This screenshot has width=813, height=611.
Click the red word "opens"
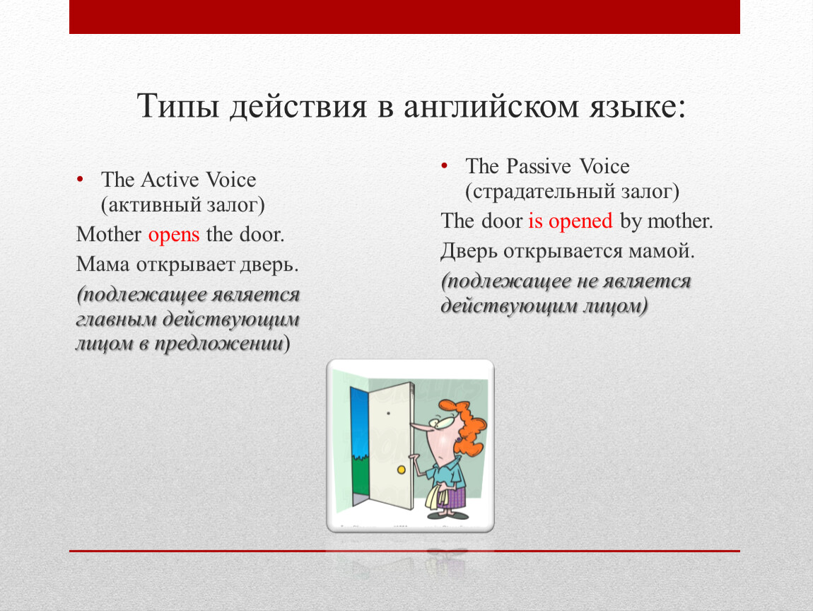(x=174, y=235)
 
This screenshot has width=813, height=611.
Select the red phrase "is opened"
(x=571, y=221)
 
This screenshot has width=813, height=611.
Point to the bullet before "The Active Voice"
(x=80, y=180)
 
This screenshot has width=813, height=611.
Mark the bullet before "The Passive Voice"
(x=445, y=166)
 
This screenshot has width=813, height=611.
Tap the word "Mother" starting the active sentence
(x=109, y=235)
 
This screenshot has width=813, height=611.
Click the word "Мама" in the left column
(x=103, y=264)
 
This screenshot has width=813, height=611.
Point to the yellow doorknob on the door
(x=402, y=470)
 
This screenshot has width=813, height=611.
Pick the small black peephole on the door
(x=388, y=414)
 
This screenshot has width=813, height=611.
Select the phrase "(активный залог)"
(x=183, y=205)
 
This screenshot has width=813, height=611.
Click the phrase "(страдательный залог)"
(x=573, y=192)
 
